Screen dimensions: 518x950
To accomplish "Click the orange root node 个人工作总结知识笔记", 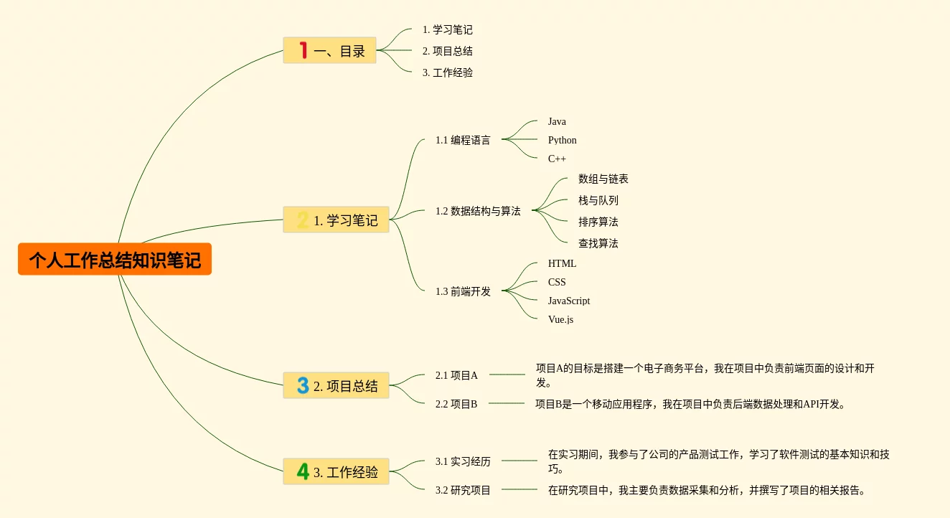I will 115,259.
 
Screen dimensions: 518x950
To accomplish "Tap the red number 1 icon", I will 303,50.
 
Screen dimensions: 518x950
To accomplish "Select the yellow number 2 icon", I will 303,220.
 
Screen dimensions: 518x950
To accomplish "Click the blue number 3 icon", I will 303,385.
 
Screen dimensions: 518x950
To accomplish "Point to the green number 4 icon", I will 303,471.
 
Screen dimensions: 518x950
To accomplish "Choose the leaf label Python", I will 562,140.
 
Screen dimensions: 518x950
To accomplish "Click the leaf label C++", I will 557,159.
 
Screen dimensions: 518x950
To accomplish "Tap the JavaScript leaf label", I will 568,301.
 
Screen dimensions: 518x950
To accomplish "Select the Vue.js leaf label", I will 560,319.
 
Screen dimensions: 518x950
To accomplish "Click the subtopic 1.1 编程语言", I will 463,140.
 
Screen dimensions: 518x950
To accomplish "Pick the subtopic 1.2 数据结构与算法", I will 478,211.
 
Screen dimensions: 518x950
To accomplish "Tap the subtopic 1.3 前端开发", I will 463,291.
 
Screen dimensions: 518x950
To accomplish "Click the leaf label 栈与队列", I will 598,200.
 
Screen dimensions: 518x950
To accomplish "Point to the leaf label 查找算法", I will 598,243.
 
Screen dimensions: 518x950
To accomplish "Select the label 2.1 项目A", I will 456,375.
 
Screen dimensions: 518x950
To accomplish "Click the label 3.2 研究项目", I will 463,490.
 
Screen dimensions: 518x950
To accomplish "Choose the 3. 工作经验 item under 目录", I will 447,72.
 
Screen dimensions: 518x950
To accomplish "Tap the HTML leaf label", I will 562,263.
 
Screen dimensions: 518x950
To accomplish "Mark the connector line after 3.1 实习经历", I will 520,461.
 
